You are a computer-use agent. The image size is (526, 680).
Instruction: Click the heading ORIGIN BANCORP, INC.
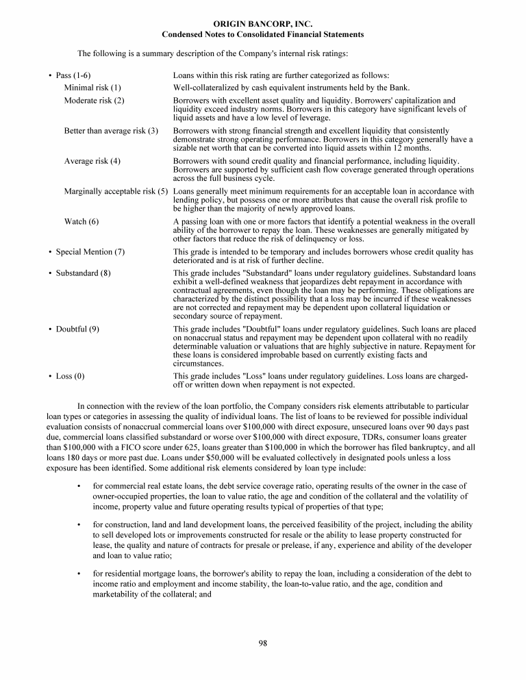(x=263, y=24)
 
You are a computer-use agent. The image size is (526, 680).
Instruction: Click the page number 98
(x=263, y=642)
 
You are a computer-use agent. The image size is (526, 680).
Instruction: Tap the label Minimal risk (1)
(x=92, y=88)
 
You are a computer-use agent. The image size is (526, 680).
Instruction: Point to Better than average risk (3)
(x=112, y=131)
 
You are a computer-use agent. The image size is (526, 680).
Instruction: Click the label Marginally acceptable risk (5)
(x=116, y=191)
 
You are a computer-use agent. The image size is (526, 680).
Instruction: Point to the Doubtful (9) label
(x=77, y=329)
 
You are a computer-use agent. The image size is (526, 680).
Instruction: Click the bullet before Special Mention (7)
(x=50, y=252)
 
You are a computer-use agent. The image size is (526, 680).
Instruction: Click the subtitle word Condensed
(x=181, y=34)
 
